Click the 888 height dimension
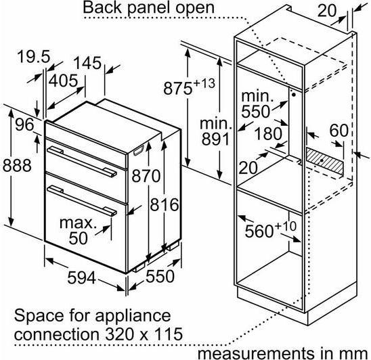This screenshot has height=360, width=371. pyautogui.click(x=17, y=165)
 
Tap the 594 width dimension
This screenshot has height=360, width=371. pyautogui.click(x=82, y=277)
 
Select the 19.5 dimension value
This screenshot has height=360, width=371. pyautogui.click(x=34, y=57)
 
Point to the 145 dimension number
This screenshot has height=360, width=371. pyautogui.click(x=87, y=63)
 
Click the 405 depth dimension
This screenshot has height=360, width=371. pyautogui.click(x=63, y=81)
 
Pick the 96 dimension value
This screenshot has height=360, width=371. pyautogui.click(x=24, y=125)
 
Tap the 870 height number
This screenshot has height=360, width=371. pyautogui.click(x=146, y=176)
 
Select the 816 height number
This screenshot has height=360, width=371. pyautogui.click(x=165, y=204)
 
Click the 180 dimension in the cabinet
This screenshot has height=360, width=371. pyautogui.click(x=268, y=133)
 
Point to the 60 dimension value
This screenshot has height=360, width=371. pyautogui.click(x=339, y=130)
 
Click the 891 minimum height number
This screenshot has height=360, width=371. pyautogui.click(x=215, y=139)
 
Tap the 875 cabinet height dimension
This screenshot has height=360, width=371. pyautogui.click(x=190, y=87)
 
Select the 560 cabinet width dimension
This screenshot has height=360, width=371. pyautogui.click(x=270, y=230)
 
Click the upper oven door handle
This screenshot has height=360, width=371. pyautogui.click(x=82, y=161)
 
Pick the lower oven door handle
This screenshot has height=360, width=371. pyautogui.click(x=82, y=200)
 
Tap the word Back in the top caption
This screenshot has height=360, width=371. pyautogui.click(x=103, y=8)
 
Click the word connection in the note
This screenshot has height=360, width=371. pyautogui.click(x=57, y=334)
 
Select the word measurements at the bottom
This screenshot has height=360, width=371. pyautogui.click(x=256, y=354)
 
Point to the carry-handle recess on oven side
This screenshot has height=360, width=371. pyautogui.click(x=139, y=151)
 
